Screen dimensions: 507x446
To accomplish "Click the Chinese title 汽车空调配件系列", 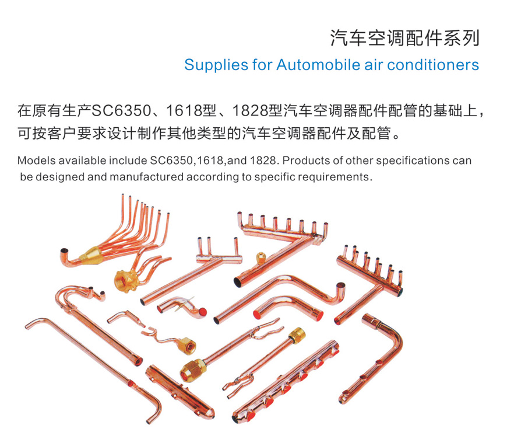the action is pyautogui.click(x=404, y=38).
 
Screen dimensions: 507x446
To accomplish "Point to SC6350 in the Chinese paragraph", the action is pyautogui.click(x=122, y=111).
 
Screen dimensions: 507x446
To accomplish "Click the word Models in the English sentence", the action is pyautogui.click(x=36, y=161).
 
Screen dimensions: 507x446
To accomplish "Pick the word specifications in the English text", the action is pyautogui.click(x=413, y=161).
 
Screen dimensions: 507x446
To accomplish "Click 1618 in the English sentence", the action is pyautogui.click(x=210, y=161).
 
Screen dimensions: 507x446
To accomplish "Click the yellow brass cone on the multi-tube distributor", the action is pyautogui.click(x=90, y=255).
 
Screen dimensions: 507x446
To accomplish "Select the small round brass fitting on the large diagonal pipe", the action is pyautogui.click(x=260, y=258).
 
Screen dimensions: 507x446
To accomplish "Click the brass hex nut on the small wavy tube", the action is pyautogui.click(x=187, y=347).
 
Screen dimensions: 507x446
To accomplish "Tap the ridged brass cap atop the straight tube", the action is pyautogui.click(x=297, y=335).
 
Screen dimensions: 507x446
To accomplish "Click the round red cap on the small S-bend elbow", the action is pyautogui.click(x=202, y=312).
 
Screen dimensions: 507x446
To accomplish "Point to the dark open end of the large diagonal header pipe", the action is pyautogui.click(x=238, y=281).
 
